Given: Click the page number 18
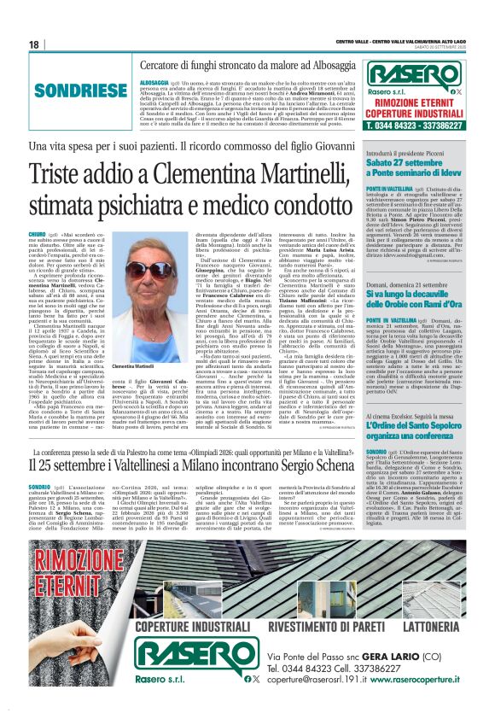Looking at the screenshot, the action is click(33, 44).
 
